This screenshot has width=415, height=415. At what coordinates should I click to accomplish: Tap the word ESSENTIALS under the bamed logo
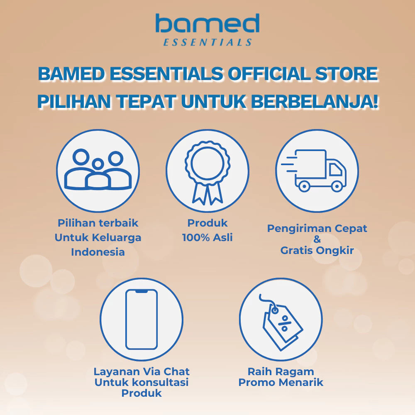coord(207,42)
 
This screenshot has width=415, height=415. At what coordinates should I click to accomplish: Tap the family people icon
coord(98,170)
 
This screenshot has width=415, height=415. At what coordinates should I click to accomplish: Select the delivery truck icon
coord(316,170)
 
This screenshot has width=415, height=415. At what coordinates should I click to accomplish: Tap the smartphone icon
coord(142,319)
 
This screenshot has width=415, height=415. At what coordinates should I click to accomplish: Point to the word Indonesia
coord(98,251)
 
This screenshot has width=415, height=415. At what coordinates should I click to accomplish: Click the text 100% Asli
coord(207,237)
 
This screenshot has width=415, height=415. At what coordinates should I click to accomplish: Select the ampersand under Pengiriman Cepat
coord(317,239)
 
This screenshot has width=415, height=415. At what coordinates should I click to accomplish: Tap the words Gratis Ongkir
coord(317,250)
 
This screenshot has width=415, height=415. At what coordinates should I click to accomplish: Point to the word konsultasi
coord(159,382)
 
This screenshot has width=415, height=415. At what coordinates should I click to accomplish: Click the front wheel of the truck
coord(337,186)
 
